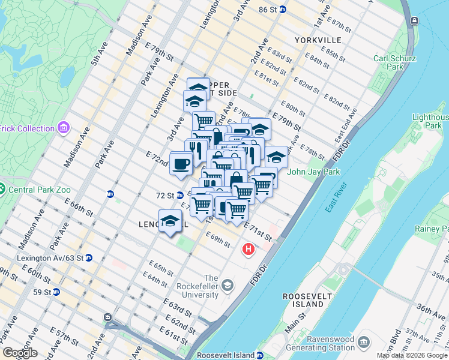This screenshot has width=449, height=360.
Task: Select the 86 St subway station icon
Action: pyautogui.click(x=283, y=10)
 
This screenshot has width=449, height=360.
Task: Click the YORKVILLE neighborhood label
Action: pyautogui.click(x=318, y=40)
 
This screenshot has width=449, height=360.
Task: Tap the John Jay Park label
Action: pyautogui.click(x=314, y=172)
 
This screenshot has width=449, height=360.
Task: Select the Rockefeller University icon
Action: pyautogui.click(x=227, y=284)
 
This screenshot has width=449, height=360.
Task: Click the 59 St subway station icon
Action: pyautogui.click(x=56, y=292)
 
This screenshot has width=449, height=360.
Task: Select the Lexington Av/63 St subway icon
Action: pyautogui.click(x=89, y=257)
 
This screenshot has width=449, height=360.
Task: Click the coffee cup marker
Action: pyautogui.click(x=181, y=163)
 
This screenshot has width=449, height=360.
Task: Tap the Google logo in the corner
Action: pyautogui.click(x=20, y=353)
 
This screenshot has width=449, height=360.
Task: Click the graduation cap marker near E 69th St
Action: pyautogui.click(x=170, y=220)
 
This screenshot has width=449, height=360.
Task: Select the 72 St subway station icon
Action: pyautogui.click(x=179, y=196)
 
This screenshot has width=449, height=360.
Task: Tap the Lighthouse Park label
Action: pyautogui.click(x=430, y=122)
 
